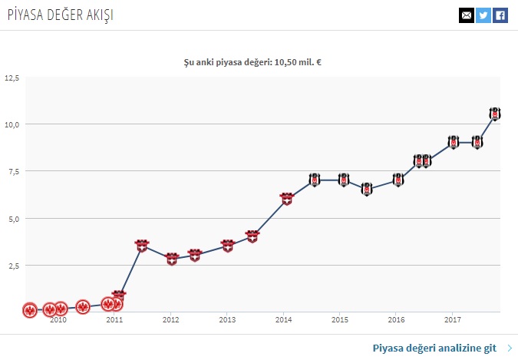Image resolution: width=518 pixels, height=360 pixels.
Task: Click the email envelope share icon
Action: pyautogui.click(x=466, y=15)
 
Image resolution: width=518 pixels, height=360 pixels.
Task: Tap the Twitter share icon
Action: pyautogui.click(x=483, y=15)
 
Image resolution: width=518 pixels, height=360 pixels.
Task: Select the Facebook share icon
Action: pyautogui.click(x=500, y=15)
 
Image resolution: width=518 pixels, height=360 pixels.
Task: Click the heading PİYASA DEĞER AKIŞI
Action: pyautogui.click(x=56, y=15)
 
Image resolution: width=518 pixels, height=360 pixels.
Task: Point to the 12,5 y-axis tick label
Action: pyautogui.click(x=12, y=78)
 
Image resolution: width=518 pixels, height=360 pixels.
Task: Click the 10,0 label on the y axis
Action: pyautogui.click(x=12, y=124)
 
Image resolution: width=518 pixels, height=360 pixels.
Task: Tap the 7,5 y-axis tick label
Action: pyautogui.click(x=13, y=171)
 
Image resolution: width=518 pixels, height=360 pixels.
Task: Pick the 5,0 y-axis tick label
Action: pyautogui.click(x=13, y=219)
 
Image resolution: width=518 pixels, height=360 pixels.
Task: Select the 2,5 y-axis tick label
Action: pyautogui.click(x=13, y=266)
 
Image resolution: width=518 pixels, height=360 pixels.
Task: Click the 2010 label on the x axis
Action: pyautogui.click(x=58, y=319)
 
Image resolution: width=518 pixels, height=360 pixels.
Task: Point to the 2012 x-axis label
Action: pyautogui.click(x=170, y=319)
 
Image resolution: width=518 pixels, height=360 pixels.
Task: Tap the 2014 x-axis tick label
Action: pyautogui.click(x=283, y=319)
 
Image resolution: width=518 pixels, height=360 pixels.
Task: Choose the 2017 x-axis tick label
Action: pyautogui.click(x=453, y=319)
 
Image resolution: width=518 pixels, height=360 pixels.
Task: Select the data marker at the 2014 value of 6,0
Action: pyautogui.click(x=286, y=199)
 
